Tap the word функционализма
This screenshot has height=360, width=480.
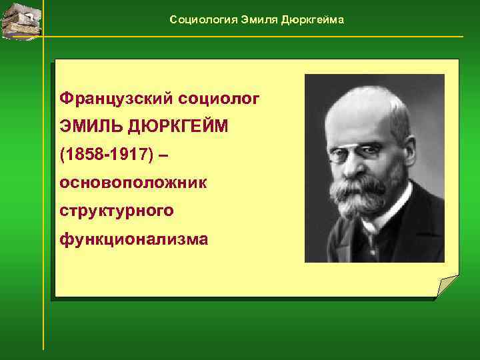[133, 238]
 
